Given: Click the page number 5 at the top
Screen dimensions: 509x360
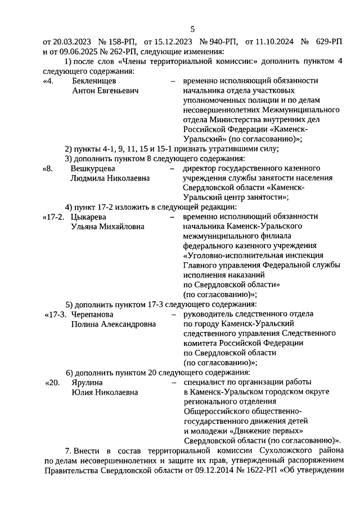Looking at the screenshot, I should tap(192, 29).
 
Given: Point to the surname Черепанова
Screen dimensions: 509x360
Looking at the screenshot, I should tap(92, 314).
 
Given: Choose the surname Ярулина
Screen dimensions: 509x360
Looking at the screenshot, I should tap(87, 382).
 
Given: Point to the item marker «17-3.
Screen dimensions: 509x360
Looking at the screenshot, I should tap(56, 314).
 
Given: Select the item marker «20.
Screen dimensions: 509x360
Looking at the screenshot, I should tap(52, 382).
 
